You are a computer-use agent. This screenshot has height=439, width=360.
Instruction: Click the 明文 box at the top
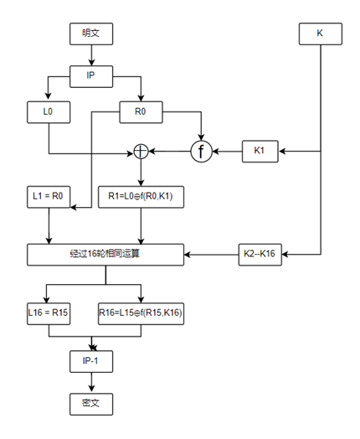pos(90,34)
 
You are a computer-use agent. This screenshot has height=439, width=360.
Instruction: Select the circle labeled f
pos(201,152)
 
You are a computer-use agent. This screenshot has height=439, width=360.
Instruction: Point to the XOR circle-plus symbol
pos(141,152)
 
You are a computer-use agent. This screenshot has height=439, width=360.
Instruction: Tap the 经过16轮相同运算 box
pos(105,254)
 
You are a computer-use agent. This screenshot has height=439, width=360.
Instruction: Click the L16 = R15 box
pos(49,312)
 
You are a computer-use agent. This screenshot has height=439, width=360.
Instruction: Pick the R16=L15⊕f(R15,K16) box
pos(141,312)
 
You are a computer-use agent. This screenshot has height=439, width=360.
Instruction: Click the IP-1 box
pos(90,361)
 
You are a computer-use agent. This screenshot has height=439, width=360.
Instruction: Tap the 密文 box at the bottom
pos(90,403)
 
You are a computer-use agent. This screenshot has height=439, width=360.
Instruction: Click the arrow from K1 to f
pos(228,152)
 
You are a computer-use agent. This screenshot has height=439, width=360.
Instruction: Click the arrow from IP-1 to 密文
pos(90,382)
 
